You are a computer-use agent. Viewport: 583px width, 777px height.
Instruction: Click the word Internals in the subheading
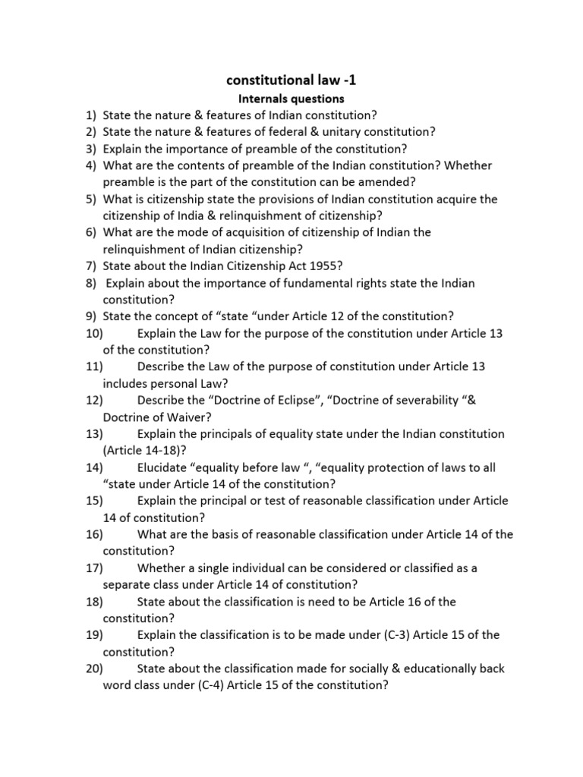263,99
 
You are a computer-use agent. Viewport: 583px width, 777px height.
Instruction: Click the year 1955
320,266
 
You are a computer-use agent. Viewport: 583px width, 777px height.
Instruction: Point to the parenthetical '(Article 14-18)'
147,451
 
